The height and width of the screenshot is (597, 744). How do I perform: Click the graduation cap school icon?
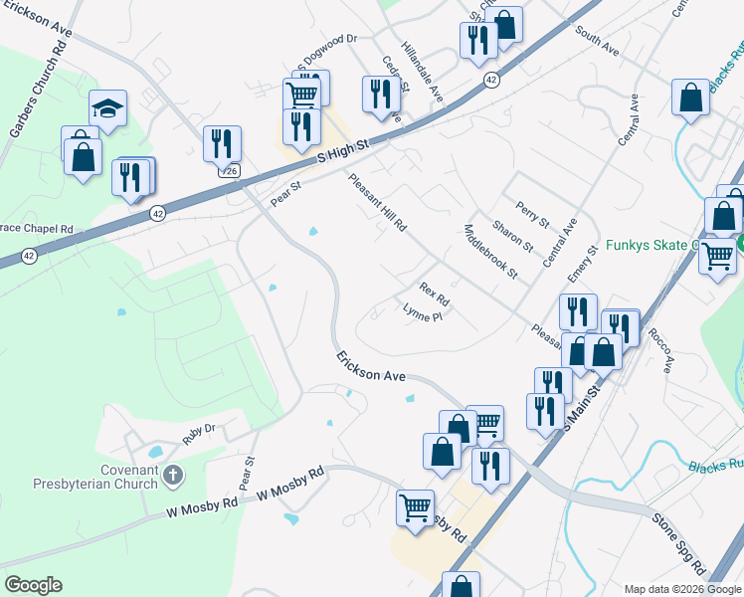click(108, 108)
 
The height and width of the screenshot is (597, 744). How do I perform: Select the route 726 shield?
click(229, 171)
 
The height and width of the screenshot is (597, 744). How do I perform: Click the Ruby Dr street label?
click(199, 433)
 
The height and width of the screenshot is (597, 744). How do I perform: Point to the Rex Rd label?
click(435, 294)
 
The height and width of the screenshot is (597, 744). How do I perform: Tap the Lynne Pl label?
click(422, 313)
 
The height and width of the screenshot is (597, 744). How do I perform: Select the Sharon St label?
click(513, 236)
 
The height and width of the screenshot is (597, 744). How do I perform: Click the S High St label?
click(343, 151)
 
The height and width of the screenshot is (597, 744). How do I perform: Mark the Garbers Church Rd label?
click(23, 104)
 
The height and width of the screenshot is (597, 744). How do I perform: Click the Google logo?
click(33, 585)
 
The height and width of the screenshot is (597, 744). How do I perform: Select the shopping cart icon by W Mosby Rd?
click(415, 505)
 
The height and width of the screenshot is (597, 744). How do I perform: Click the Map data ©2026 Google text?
click(681, 589)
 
